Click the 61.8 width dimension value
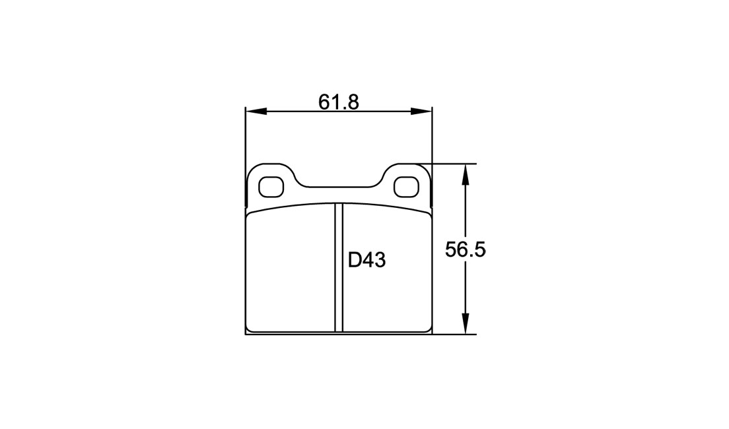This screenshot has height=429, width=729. pos(339,102)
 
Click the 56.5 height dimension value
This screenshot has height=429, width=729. pos(466,250)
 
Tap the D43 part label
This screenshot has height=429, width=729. pos(367,261)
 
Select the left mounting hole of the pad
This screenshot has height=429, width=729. pos(271,187)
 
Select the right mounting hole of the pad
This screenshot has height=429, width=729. pos(406,187)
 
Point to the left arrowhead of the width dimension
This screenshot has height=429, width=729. pos(256,112)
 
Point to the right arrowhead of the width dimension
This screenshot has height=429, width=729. pos(421,112)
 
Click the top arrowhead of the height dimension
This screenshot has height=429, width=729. pos(465,175)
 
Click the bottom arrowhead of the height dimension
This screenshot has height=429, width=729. pos(465,323)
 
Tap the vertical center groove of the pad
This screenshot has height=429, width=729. pos(339,268)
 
